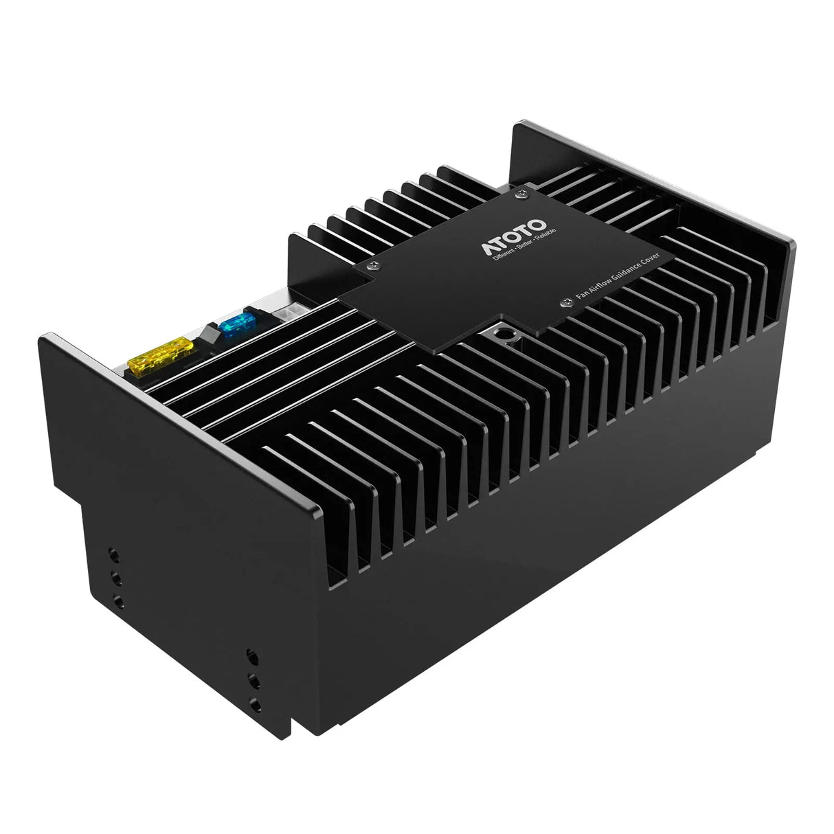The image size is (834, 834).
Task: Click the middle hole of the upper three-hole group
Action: [115, 576]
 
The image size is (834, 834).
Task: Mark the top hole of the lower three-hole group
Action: [250, 656]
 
